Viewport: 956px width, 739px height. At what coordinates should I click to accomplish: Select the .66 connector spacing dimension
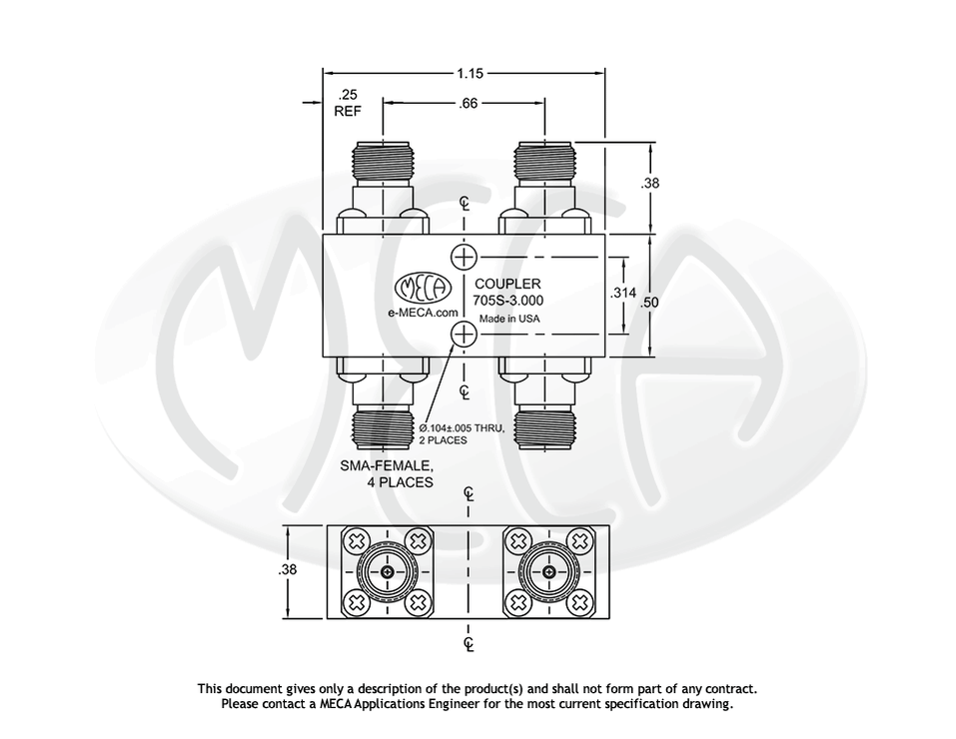467,102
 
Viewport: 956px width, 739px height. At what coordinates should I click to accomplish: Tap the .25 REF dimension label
347,104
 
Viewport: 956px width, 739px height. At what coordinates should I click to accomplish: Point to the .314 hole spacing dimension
623,295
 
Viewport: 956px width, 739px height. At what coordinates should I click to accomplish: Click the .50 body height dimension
651,302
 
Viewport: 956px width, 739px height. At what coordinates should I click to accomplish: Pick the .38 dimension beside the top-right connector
651,184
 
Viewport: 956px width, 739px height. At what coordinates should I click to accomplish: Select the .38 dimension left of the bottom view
288,571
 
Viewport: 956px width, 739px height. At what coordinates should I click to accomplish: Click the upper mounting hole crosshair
464,257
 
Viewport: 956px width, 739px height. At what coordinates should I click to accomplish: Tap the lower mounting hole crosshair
464,336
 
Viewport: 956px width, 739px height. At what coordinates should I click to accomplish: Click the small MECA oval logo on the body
425,290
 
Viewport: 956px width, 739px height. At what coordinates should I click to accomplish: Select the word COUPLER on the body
507,284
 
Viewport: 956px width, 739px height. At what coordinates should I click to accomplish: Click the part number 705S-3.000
508,301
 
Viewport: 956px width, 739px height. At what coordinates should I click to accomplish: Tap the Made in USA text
509,319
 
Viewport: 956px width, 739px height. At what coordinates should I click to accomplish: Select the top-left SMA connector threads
384,161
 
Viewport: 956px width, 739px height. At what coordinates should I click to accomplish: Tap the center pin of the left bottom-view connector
389,571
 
